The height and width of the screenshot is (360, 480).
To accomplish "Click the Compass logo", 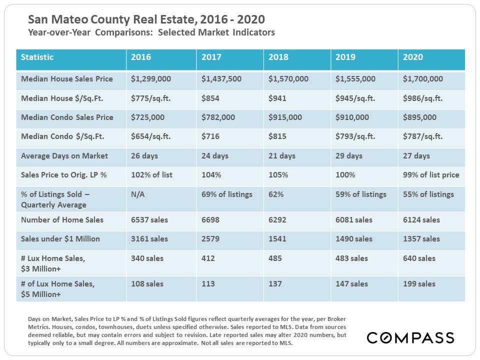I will pos(410,337).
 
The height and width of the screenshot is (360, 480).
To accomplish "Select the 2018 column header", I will pos(278,57).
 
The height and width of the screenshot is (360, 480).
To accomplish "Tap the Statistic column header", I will pos(37,57).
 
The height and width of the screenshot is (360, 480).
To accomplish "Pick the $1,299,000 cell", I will pos(151,79).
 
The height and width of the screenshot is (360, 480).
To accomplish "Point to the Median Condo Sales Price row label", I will pos(67,117).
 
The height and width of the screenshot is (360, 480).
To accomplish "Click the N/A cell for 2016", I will pos(138,194).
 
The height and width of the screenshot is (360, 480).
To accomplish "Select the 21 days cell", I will pos(282,156).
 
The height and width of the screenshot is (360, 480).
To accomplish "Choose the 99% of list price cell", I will pos(430,175).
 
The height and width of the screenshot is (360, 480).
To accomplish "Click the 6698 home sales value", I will pos(210,220).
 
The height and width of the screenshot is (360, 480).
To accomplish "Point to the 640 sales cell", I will pos(419,258).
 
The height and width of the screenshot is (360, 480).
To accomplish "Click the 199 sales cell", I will pos(419,284).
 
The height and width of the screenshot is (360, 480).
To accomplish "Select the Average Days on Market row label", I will pos(64,156).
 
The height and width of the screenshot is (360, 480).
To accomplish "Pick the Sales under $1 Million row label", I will pos(60,239).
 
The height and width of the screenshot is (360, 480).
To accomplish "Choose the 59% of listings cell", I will pos(361,194).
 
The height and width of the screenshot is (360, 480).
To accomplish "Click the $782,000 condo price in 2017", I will pos(218,117).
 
